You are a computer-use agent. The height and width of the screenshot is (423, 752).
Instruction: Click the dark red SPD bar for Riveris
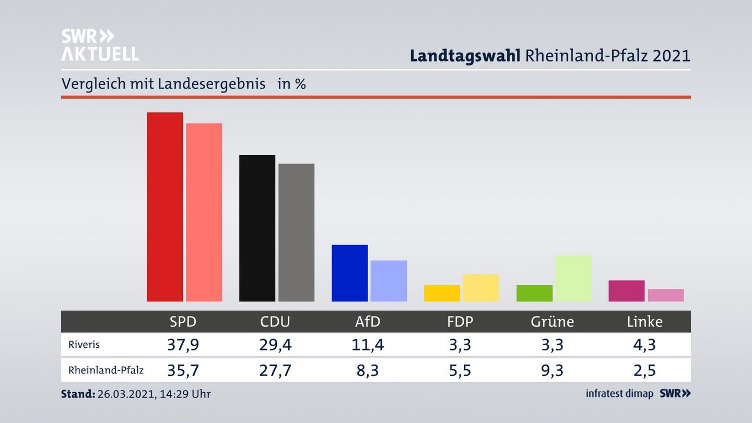[x=164, y=207]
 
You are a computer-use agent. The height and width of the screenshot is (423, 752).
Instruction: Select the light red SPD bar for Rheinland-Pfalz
[x=204, y=212]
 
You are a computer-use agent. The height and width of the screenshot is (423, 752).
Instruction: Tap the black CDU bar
[x=257, y=228]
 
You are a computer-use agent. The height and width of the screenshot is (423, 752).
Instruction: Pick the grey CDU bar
[x=296, y=232]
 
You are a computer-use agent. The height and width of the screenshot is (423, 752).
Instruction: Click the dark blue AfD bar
[x=349, y=273]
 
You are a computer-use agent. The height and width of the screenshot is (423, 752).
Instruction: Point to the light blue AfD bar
[x=389, y=281]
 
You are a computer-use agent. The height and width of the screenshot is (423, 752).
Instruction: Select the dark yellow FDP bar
[x=442, y=293]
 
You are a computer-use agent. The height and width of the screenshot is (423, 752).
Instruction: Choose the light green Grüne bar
[x=573, y=278]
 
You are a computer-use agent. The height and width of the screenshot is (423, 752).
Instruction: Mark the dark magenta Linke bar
[x=626, y=291]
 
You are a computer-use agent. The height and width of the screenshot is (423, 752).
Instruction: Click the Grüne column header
[x=552, y=322]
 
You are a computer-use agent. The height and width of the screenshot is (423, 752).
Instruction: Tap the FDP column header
[x=460, y=322]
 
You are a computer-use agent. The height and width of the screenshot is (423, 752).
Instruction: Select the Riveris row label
[x=84, y=345]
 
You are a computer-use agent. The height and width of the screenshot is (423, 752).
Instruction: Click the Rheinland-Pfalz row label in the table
[x=105, y=370]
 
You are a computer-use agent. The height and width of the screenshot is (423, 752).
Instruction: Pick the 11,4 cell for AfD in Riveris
[x=367, y=345]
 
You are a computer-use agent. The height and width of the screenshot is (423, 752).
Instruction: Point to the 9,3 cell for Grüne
[x=552, y=370]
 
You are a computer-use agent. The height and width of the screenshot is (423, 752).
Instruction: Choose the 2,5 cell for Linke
[x=644, y=370]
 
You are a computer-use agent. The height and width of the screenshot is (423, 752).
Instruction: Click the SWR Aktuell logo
[x=100, y=45]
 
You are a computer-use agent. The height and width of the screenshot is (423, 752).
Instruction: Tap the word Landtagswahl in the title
[x=465, y=55]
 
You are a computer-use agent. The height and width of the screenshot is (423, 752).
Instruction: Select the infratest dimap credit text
[x=619, y=394]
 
